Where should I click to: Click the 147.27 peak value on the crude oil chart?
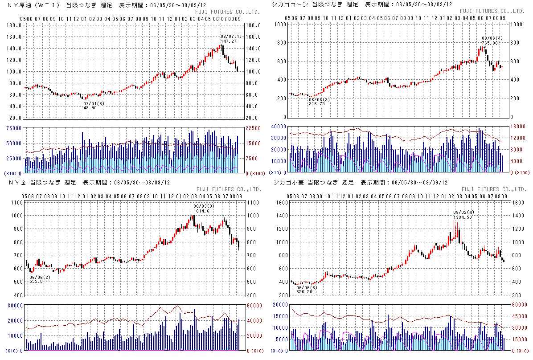tap(228, 41)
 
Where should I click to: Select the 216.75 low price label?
tap(317, 104)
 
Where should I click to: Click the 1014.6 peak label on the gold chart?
tap(202, 211)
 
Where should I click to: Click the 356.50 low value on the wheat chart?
tap(303, 292)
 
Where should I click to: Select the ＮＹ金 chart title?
tap(16, 183)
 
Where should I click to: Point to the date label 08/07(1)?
tap(231, 36)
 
